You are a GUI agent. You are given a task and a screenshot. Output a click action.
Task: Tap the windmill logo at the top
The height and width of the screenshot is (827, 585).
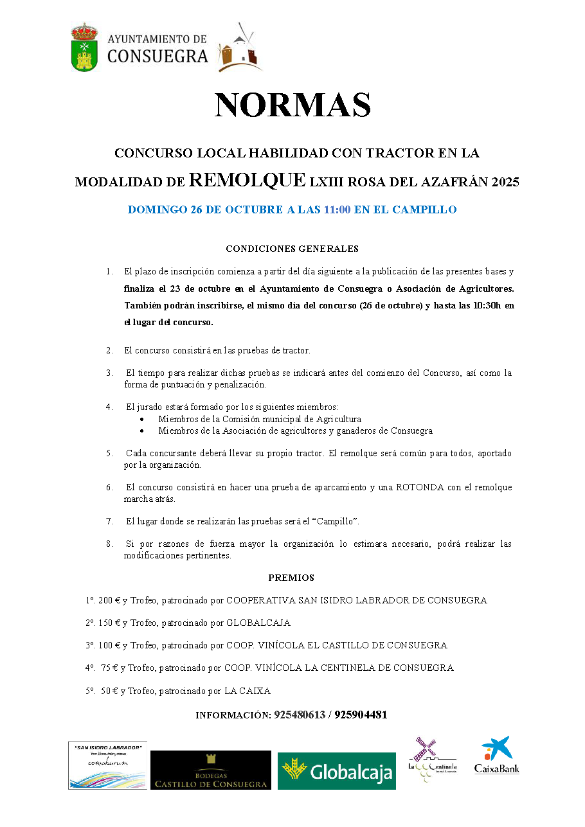click(240, 48)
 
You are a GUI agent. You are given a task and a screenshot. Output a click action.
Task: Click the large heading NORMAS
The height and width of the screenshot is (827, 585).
click(292, 105)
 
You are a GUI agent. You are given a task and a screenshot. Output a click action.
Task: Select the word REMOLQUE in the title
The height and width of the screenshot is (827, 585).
click(248, 181)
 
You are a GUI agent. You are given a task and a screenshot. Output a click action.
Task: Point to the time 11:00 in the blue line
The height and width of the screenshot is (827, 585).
click(337, 210)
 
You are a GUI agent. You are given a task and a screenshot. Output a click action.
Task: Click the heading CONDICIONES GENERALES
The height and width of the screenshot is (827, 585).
click(292, 249)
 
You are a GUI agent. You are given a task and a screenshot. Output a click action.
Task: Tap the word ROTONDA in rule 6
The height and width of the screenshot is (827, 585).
click(420, 487)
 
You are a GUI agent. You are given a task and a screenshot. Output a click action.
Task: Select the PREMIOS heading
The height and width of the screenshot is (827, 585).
click(291, 578)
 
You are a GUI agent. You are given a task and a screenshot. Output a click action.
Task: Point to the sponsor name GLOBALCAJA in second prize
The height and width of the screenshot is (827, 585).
click(258, 623)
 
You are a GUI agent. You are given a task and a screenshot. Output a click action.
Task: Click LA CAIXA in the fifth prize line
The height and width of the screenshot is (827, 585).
click(247, 691)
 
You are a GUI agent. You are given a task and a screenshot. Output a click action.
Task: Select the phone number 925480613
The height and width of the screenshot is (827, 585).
click(300, 715)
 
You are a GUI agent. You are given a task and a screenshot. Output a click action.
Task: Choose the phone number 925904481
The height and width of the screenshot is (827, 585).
click(361, 715)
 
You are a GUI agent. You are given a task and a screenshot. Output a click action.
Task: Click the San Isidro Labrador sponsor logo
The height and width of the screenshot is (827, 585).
click(107, 765)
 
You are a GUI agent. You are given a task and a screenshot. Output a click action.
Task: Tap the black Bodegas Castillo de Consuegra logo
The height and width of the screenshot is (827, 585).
click(211, 770)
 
